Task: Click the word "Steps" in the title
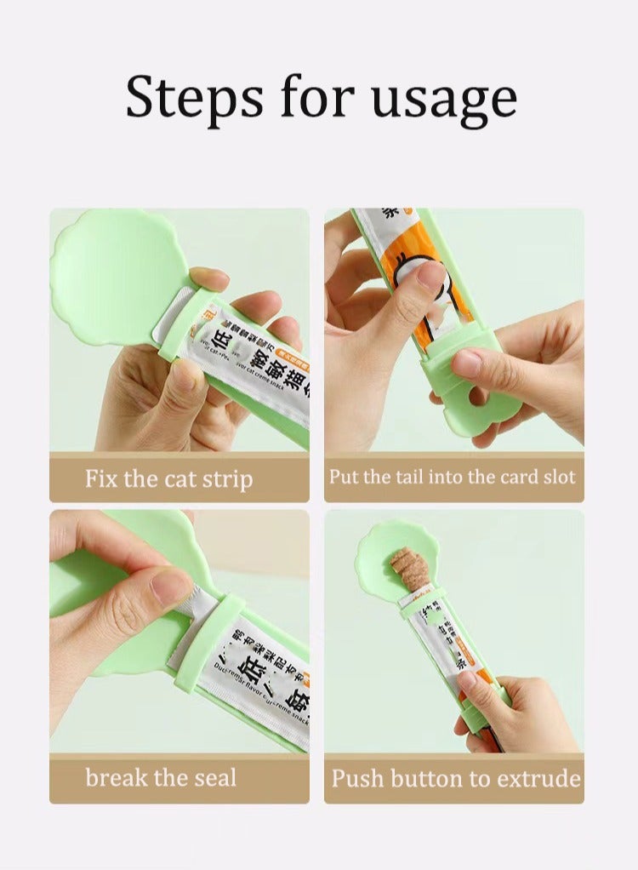pyautogui.click(x=194, y=98)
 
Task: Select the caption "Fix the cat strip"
pyautogui.click(x=168, y=478)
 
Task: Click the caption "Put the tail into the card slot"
pyautogui.click(x=453, y=477)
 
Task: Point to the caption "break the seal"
pyautogui.click(x=161, y=778)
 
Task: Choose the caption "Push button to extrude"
pyautogui.click(x=456, y=778)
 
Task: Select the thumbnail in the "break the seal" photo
pyautogui.click(x=171, y=586)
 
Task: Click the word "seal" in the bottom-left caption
pyautogui.click(x=212, y=778)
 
